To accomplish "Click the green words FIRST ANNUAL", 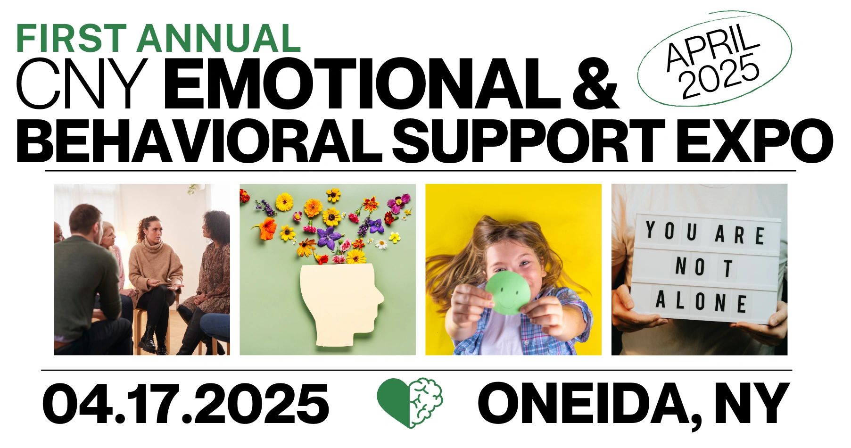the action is (x=159, y=38).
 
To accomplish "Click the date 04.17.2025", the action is (x=186, y=405).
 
